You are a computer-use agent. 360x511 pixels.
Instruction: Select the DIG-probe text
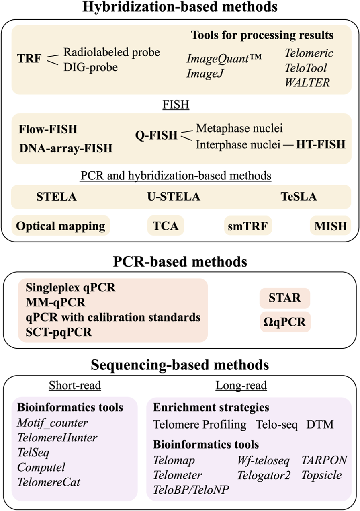[90, 67]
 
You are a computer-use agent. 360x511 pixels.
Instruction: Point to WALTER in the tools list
[307, 82]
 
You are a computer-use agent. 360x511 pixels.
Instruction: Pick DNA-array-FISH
[65, 148]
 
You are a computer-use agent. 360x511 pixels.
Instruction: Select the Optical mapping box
[61, 226]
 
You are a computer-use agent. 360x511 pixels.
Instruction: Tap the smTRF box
[248, 226]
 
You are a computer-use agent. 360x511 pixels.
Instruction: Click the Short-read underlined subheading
[75, 386]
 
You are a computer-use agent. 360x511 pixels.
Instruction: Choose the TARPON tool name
[324, 460]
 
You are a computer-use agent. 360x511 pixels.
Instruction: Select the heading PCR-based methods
[180, 262]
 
